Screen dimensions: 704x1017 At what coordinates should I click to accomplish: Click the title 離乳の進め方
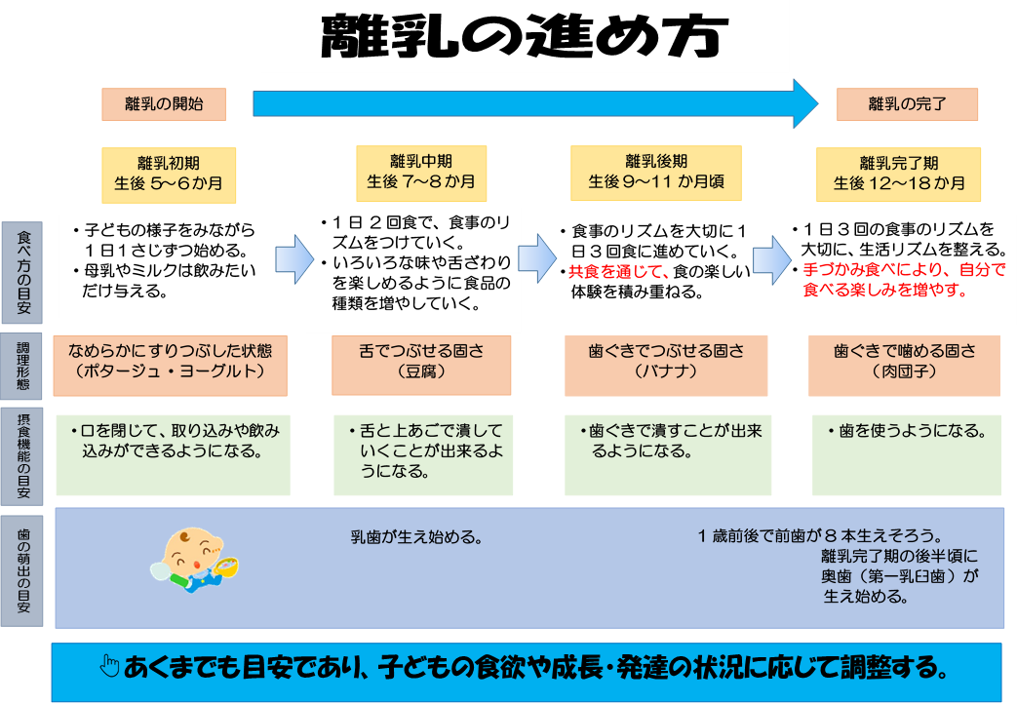(525, 38)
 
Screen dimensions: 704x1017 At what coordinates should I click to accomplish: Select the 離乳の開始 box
(164, 104)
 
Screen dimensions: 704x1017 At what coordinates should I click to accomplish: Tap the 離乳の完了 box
(907, 104)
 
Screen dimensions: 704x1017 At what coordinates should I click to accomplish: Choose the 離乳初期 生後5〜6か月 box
(169, 174)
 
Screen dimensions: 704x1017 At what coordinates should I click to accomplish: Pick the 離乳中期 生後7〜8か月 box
(421, 173)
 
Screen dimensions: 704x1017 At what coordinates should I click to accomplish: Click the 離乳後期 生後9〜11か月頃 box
(656, 173)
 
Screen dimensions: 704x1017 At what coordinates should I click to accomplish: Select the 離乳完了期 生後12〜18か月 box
(899, 174)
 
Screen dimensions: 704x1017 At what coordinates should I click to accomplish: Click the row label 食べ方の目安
(22, 271)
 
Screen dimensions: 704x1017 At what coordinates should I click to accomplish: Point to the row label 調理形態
(22, 366)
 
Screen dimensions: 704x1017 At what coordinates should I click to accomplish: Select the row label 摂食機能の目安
(22, 454)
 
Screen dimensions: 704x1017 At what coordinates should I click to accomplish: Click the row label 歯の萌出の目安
(22, 571)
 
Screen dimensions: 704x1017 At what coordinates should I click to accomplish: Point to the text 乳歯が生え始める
(418, 537)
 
